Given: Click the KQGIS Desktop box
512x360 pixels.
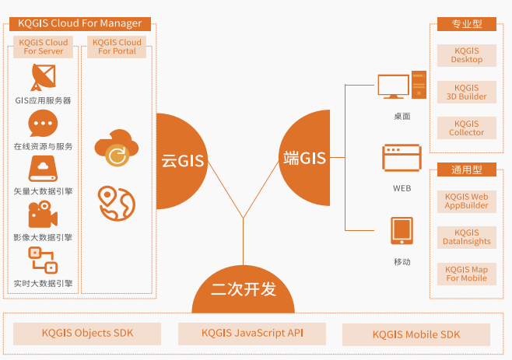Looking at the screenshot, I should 467,55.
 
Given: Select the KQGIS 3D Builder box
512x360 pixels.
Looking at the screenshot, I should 467,92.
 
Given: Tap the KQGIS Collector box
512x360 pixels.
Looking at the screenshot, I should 467,128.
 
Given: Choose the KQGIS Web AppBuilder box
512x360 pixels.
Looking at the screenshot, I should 467,201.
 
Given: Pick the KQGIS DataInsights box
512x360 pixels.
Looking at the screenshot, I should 467,237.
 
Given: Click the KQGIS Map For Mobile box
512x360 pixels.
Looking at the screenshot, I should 467,274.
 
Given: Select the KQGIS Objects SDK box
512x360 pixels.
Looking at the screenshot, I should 87,334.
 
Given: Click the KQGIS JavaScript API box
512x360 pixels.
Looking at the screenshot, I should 252,334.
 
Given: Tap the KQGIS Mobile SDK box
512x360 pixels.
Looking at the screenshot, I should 416,334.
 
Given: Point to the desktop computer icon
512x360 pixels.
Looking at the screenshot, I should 402,86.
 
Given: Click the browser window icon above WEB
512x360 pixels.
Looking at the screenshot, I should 402,158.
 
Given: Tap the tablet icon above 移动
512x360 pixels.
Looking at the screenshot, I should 402,231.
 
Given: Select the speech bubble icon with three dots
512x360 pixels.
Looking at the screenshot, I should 43,123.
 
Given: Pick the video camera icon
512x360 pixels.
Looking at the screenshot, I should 43,215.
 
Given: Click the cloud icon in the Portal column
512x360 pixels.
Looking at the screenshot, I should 116,148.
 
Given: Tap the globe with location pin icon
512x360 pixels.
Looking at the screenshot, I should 116,202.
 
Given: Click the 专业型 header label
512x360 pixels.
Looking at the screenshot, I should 467,24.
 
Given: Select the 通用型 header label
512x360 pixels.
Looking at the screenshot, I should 467,170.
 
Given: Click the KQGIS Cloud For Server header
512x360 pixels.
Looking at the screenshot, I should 44,47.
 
